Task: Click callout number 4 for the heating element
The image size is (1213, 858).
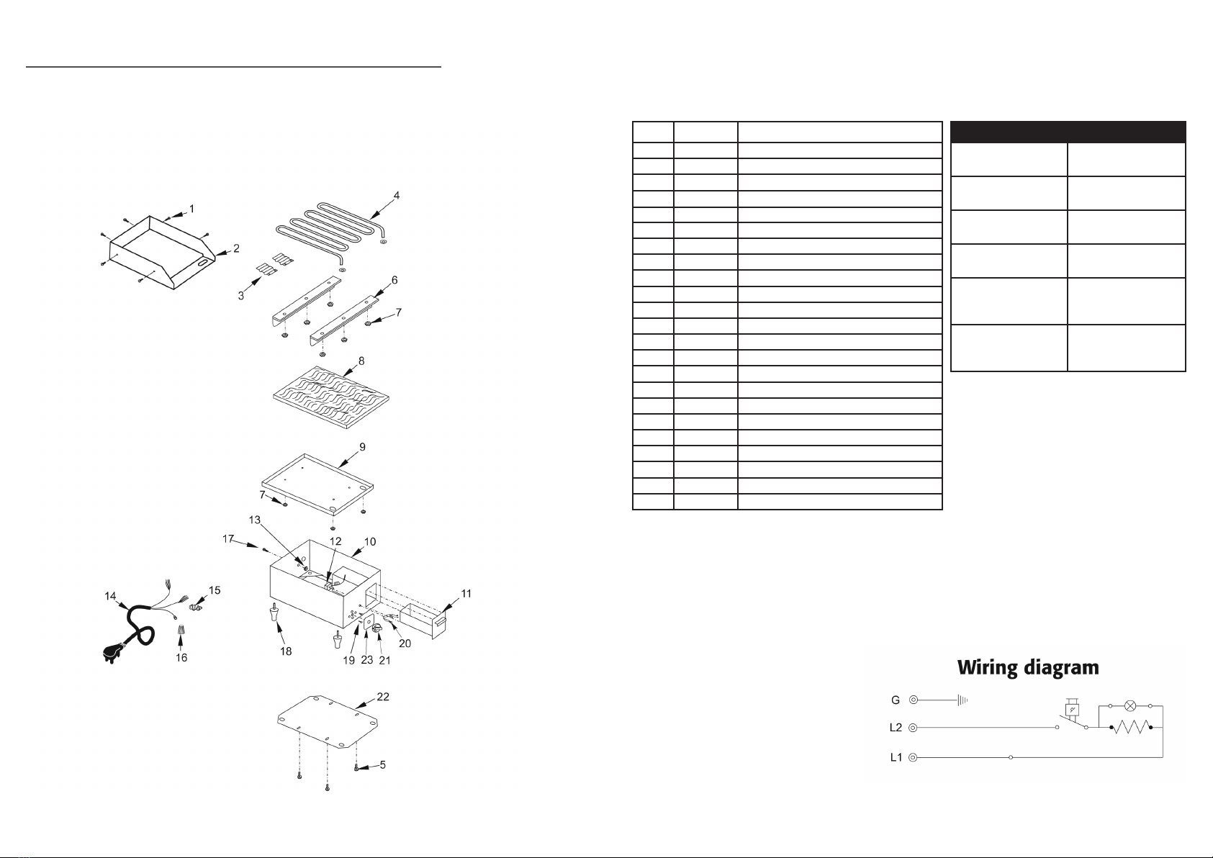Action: coord(397,195)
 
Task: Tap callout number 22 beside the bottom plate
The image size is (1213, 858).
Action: coord(383,697)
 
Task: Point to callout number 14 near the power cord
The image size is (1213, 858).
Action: coord(110,596)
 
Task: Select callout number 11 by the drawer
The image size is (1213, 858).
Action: coord(466,593)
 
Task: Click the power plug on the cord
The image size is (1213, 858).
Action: coord(112,654)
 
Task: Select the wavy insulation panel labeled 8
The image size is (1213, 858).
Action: coord(331,399)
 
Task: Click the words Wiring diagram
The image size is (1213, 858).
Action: coord(1028,668)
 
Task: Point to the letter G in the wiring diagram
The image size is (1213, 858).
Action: coord(895,700)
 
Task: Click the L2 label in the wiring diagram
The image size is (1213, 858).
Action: coord(896,728)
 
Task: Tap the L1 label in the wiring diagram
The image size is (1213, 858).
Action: coord(896,757)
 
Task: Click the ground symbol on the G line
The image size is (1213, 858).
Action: coord(962,700)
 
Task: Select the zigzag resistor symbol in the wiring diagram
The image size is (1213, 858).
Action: coord(1131,728)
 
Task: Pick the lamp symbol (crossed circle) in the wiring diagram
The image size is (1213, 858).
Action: coord(1130,706)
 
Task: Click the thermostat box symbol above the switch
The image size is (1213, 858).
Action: coord(1072,709)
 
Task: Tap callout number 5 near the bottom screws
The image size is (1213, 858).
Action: coord(383,765)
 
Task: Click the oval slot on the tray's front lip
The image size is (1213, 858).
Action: coord(204,263)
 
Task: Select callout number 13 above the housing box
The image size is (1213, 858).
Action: coord(255,520)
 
